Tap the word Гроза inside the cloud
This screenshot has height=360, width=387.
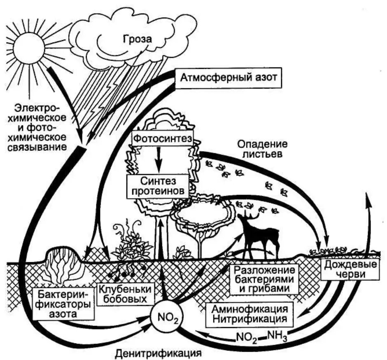(x=137, y=40)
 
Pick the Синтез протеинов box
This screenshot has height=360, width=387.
(x=158, y=185)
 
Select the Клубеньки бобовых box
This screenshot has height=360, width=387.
(x=122, y=293)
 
